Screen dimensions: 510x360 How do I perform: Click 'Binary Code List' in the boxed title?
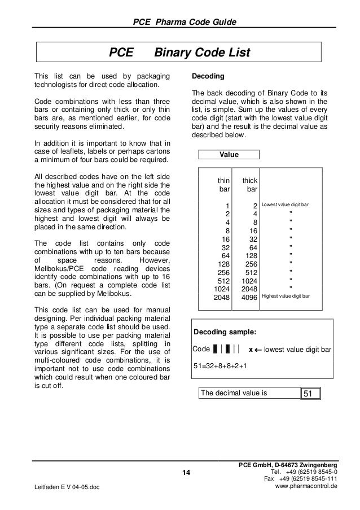click(201, 53)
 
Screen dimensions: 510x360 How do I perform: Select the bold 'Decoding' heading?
click(208, 76)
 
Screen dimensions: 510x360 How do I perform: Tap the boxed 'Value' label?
click(229, 155)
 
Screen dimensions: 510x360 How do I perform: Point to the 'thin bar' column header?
click(224, 185)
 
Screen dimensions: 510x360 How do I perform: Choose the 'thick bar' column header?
click(250, 185)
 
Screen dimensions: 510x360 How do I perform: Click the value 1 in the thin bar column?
click(227, 206)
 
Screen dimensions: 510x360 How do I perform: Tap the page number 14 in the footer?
click(187, 472)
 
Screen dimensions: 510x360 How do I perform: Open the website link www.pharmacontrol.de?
click(305, 486)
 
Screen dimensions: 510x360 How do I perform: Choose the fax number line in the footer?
click(301, 479)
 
